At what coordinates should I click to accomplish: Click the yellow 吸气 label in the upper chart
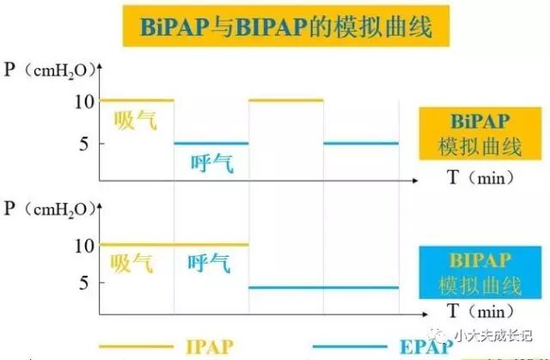point(136,120)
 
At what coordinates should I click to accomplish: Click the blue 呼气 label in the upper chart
point(211,162)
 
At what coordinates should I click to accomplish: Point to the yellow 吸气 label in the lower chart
point(136,263)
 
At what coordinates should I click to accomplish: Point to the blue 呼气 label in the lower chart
point(211,263)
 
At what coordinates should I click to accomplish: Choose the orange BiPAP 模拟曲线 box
point(480,134)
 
